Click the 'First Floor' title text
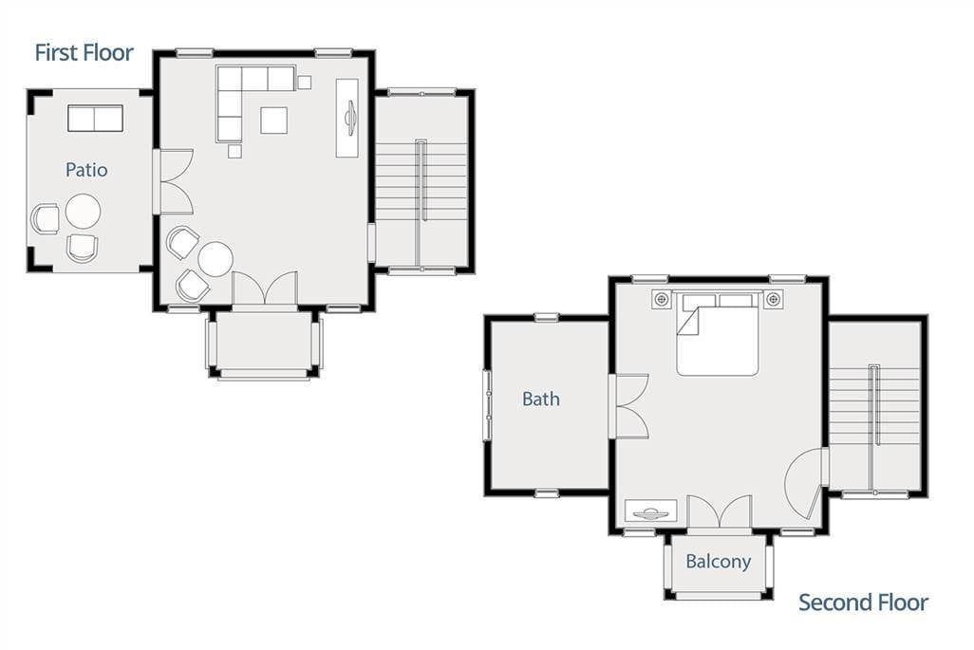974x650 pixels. (x=84, y=53)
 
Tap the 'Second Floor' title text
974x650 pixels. (x=863, y=603)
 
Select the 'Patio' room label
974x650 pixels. (x=86, y=170)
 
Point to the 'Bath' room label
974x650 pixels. (x=540, y=399)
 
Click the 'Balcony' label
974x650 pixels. (x=718, y=562)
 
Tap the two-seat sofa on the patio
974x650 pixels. (x=95, y=118)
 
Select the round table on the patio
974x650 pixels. (x=83, y=211)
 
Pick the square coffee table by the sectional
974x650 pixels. (x=273, y=120)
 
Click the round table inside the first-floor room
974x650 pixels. (x=215, y=259)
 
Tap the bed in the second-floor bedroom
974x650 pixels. (x=718, y=334)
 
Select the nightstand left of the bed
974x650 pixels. (x=661, y=299)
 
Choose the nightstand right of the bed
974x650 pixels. (x=773, y=299)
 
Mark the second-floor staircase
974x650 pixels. (x=874, y=407)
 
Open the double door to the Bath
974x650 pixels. (x=628, y=407)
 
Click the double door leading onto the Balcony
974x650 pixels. (x=720, y=511)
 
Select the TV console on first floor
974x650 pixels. (x=347, y=118)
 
